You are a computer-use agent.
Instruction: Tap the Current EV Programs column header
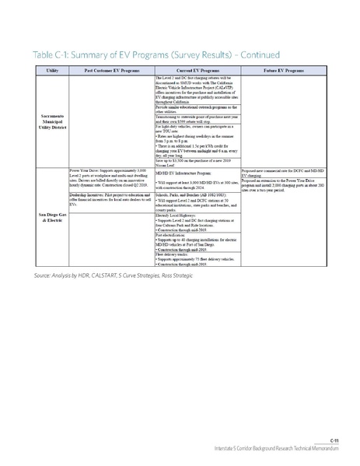point(197,71)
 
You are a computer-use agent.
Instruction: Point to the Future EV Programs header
point(282,71)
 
